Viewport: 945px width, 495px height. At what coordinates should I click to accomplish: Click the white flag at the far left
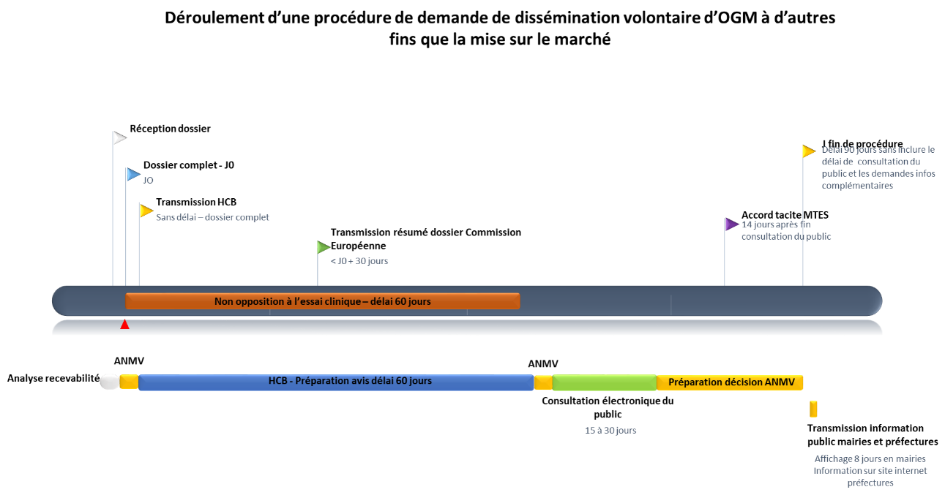[119, 137]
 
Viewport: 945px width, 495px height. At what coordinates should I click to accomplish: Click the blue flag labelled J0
[132, 174]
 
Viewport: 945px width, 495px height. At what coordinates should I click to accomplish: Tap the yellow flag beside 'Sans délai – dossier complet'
[146, 211]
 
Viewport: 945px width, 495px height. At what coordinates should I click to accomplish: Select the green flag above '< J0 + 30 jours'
[324, 247]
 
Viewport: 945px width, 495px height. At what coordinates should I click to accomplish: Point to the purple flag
[731, 224]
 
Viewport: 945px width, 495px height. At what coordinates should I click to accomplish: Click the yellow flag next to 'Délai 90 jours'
[808, 151]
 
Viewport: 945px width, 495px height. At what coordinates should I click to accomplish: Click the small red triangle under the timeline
[125, 325]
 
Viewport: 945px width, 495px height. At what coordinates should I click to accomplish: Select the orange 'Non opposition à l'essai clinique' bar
[322, 301]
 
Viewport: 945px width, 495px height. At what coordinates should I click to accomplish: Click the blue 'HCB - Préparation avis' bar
[336, 382]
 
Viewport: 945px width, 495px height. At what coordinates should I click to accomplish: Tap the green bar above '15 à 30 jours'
[604, 382]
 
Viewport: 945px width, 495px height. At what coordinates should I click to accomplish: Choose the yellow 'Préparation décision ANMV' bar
[730, 382]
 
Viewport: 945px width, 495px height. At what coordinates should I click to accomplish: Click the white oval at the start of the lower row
[109, 382]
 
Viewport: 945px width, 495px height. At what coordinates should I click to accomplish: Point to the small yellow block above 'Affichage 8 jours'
[813, 409]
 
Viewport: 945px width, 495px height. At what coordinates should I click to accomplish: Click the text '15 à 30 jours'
[610, 431]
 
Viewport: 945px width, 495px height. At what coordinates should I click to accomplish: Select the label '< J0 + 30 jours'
[359, 261]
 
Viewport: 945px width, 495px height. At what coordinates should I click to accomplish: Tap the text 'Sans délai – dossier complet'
[212, 218]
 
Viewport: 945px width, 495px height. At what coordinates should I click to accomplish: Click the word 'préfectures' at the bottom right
[870, 483]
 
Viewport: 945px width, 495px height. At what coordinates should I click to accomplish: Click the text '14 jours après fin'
[776, 224]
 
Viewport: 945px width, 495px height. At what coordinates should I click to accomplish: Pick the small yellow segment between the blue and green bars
[543, 382]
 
